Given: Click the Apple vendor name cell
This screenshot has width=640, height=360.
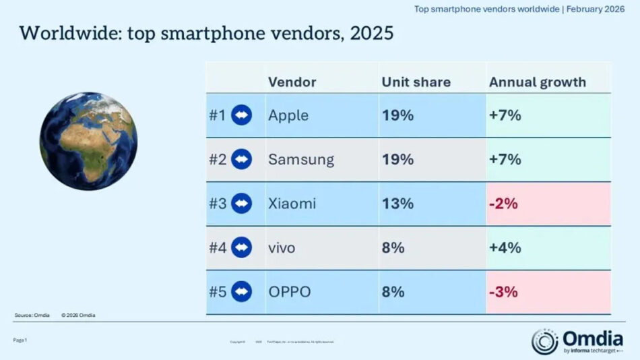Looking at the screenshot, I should pyautogui.click(x=288, y=115).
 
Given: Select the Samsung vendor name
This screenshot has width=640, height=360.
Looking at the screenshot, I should pyautogui.click(x=301, y=160).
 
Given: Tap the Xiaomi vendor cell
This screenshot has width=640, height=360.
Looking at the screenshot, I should pyautogui.click(x=292, y=204).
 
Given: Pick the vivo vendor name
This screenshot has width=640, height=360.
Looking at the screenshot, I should pyautogui.click(x=282, y=247).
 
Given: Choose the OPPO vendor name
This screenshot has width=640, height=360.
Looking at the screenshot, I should pyautogui.click(x=290, y=292).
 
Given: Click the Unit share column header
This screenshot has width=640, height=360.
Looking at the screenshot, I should pyautogui.click(x=416, y=82).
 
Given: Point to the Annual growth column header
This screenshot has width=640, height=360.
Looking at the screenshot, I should pyautogui.click(x=538, y=82).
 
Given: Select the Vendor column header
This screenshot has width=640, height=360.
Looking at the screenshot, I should pyautogui.click(x=292, y=82).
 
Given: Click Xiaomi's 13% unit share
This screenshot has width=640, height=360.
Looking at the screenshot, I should pyautogui.click(x=397, y=204).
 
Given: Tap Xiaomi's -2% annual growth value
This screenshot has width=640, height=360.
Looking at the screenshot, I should pyautogui.click(x=503, y=204).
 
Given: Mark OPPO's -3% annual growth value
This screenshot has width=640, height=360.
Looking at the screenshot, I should pyautogui.click(x=503, y=292).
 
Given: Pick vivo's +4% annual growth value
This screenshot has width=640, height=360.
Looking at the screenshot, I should pyautogui.click(x=505, y=247).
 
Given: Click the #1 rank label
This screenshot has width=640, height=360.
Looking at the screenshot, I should pyautogui.click(x=217, y=115).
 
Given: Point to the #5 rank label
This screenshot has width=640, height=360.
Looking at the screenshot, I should pyautogui.click(x=217, y=292).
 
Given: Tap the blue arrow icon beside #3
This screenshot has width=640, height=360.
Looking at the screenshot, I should pyautogui.click(x=241, y=204).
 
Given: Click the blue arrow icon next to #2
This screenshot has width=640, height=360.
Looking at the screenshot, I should pyautogui.click(x=241, y=160).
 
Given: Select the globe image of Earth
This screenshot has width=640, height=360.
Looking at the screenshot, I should pyautogui.click(x=88, y=141).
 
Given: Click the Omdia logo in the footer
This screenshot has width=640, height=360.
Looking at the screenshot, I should pyautogui.click(x=578, y=340).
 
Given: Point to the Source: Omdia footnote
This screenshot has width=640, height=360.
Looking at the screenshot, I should pyautogui.click(x=32, y=315).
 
